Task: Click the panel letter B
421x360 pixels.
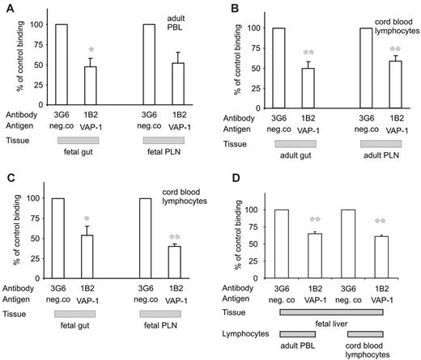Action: pyautogui.click(x=218, y=8)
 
